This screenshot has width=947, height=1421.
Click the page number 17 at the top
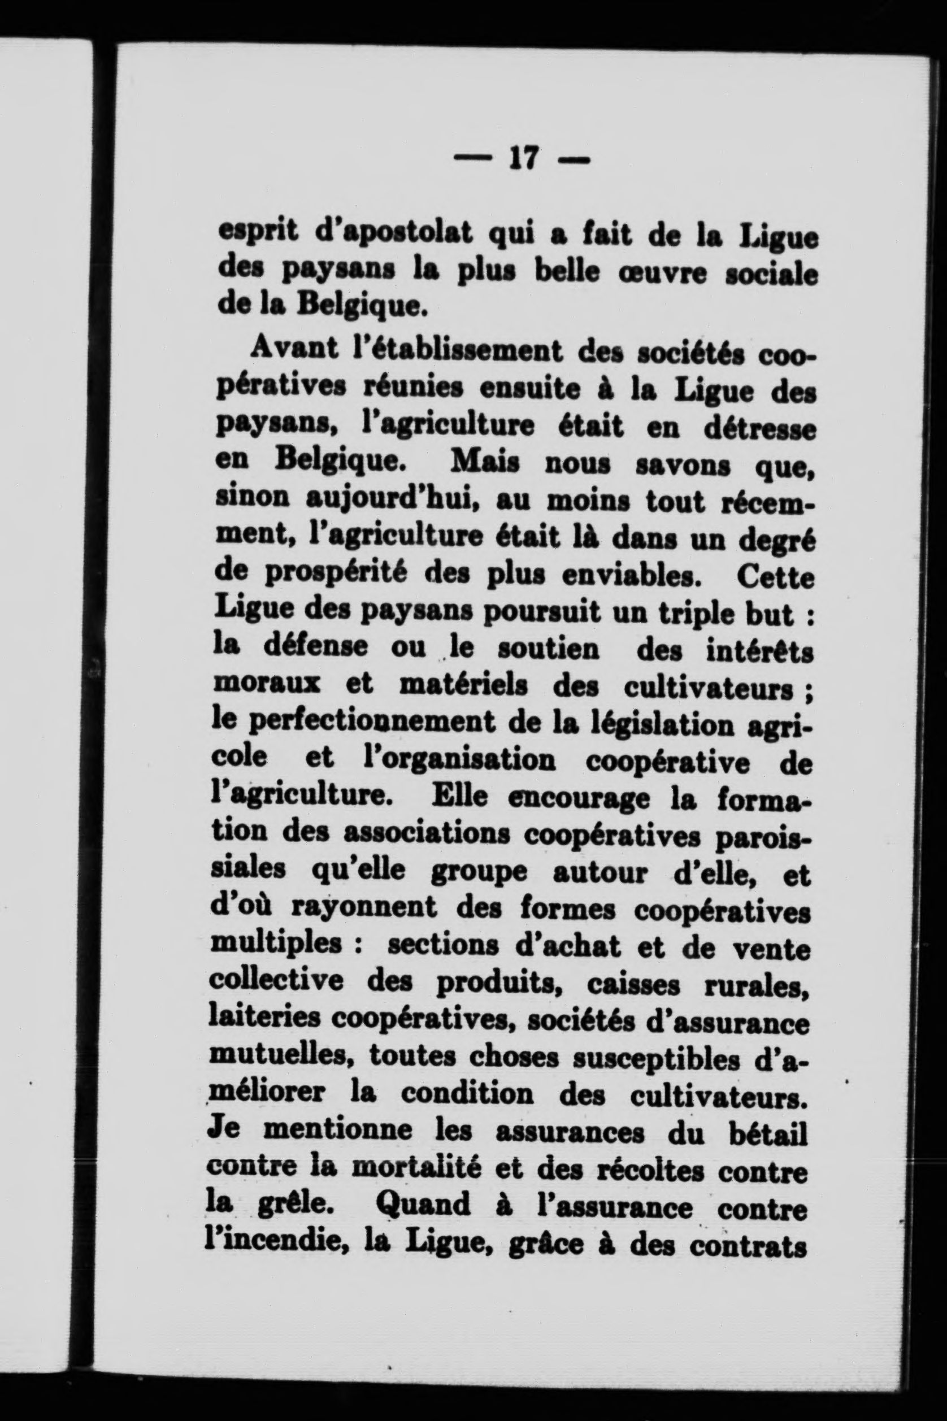pyautogui.click(x=523, y=160)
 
